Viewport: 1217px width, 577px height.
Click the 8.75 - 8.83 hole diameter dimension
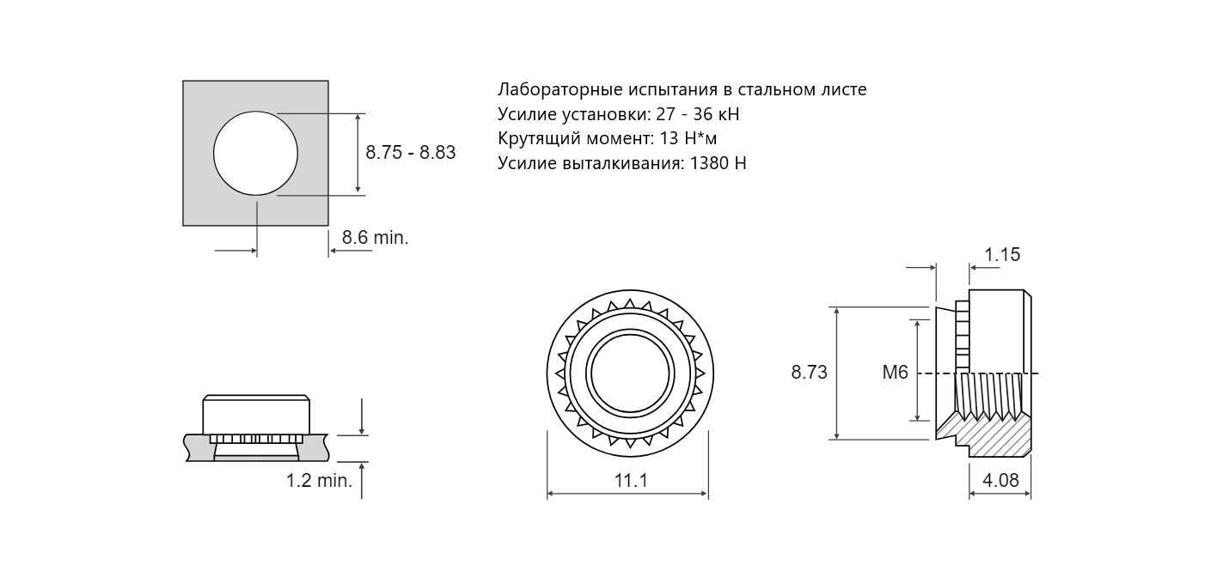click(x=410, y=153)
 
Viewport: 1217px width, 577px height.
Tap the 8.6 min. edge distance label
click(x=375, y=237)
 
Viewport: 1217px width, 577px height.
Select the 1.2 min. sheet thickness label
click(x=319, y=480)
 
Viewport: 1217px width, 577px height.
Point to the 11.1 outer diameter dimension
click(x=630, y=480)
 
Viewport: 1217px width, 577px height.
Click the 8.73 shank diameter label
click(x=809, y=373)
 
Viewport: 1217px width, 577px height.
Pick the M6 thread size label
click(x=895, y=373)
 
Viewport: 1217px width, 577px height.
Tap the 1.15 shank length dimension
click(x=1002, y=254)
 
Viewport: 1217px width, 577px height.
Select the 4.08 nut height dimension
click(x=1000, y=480)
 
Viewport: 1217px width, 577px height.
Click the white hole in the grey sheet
click(x=255, y=153)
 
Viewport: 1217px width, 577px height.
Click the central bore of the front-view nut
click(x=630, y=374)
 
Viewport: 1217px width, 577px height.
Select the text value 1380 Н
click(x=719, y=163)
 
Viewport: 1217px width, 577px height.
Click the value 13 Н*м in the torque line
click(x=688, y=138)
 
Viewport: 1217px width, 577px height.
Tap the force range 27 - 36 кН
click(x=698, y=114)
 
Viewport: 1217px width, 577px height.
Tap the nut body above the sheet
click(x=256, y=415)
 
